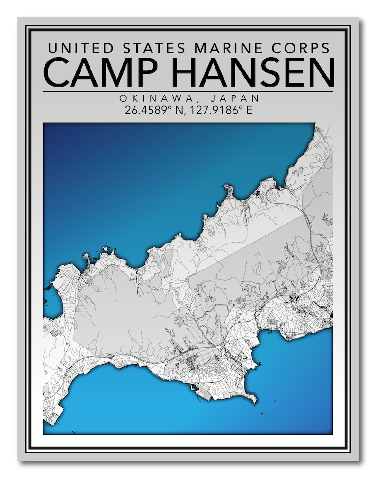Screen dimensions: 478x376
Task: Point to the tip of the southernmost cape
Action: pos(256,401)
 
